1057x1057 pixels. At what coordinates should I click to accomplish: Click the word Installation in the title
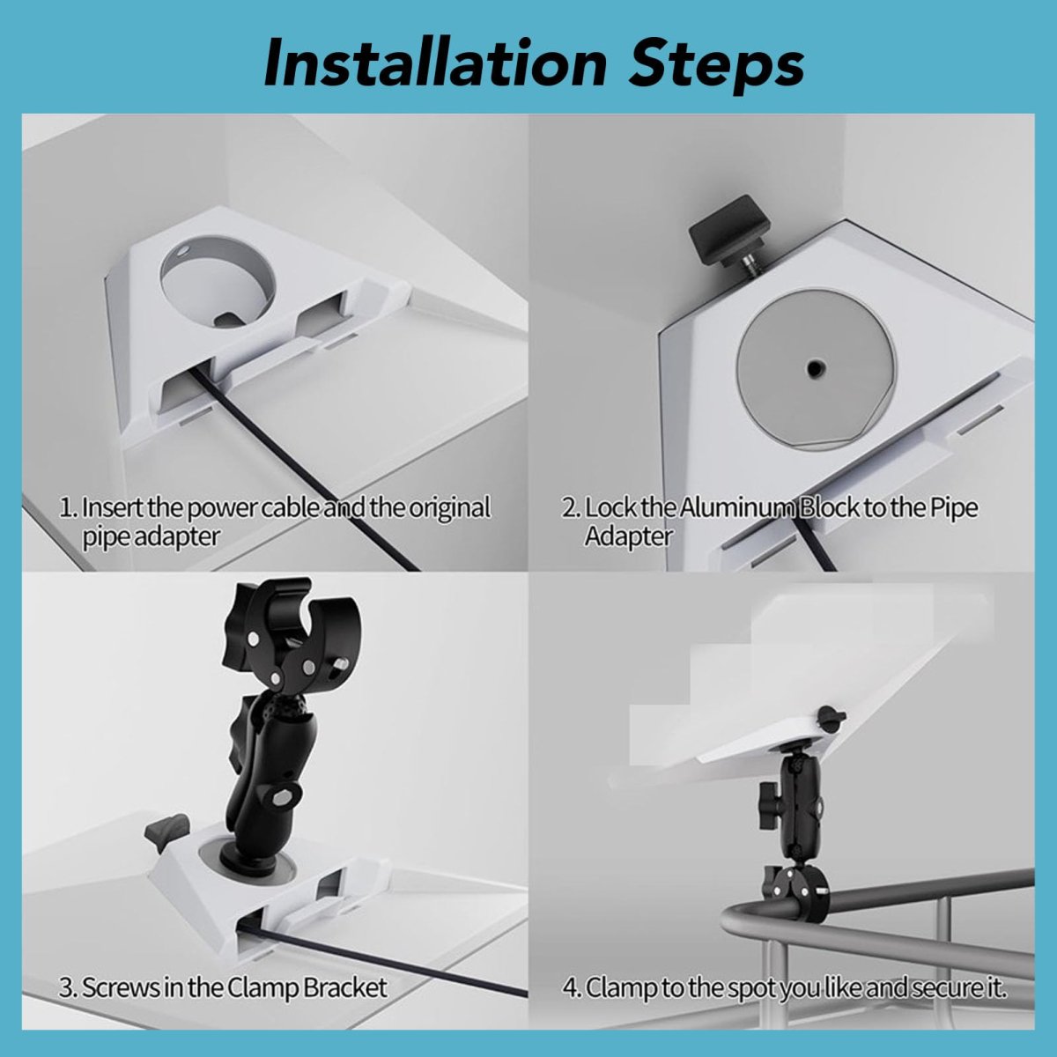(x=435, y=64)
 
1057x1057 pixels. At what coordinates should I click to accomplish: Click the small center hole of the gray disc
(x=813, y=367)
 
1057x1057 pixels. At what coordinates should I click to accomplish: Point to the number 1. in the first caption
(x=69, y=508)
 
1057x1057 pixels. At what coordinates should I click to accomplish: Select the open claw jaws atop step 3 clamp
(x=289, y=628)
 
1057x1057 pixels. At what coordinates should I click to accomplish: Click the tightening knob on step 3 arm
(x=285, y=796)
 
